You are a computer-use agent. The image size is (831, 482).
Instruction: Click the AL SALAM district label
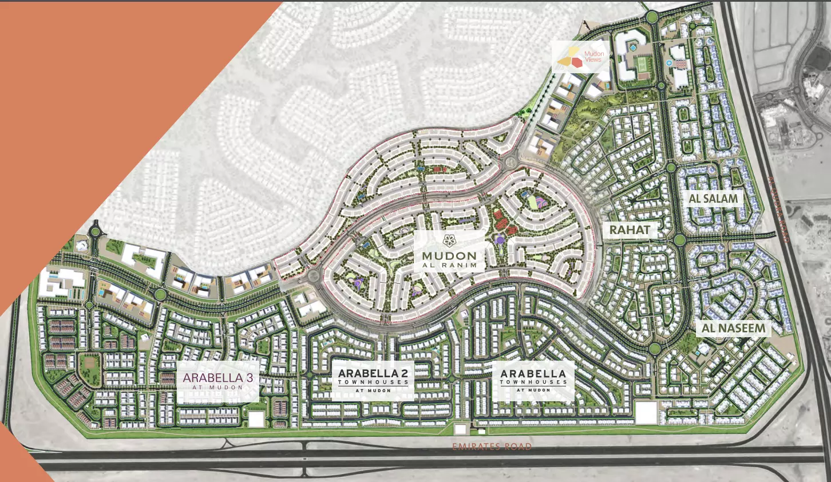tap(713, 199)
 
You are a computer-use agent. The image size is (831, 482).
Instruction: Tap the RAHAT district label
tap(630, 230)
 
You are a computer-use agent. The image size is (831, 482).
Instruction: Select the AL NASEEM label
tap(733, 328)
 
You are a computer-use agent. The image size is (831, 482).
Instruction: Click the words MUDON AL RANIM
tap(449, 260)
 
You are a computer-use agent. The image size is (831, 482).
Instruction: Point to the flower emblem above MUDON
tap(450, 240)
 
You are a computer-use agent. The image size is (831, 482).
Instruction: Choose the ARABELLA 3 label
tap(217, 378)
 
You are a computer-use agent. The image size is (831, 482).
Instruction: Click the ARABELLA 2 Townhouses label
tap(373, 378)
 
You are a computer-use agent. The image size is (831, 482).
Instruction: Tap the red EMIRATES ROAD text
tap(492, 447)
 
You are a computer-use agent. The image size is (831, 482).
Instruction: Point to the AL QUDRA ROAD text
tap(778, 209)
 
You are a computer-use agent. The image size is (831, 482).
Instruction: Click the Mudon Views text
tap(594, 57)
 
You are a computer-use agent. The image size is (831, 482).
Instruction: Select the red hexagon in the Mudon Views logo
tap(577, 61)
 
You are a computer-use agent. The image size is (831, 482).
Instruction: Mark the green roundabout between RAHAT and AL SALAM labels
tap(679, 240)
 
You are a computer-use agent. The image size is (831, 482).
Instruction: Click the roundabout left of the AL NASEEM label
tap(655, 349)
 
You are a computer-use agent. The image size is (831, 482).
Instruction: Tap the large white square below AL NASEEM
tap(646, 413)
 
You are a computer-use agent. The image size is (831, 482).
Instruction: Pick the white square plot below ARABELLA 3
tap(256, 419)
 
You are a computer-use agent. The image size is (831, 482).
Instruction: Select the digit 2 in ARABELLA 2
tap(405, 374)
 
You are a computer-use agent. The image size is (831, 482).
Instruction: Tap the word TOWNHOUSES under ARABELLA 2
tap(373, 382)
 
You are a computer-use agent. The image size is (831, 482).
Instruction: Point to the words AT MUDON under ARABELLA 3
tap(217, 388)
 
